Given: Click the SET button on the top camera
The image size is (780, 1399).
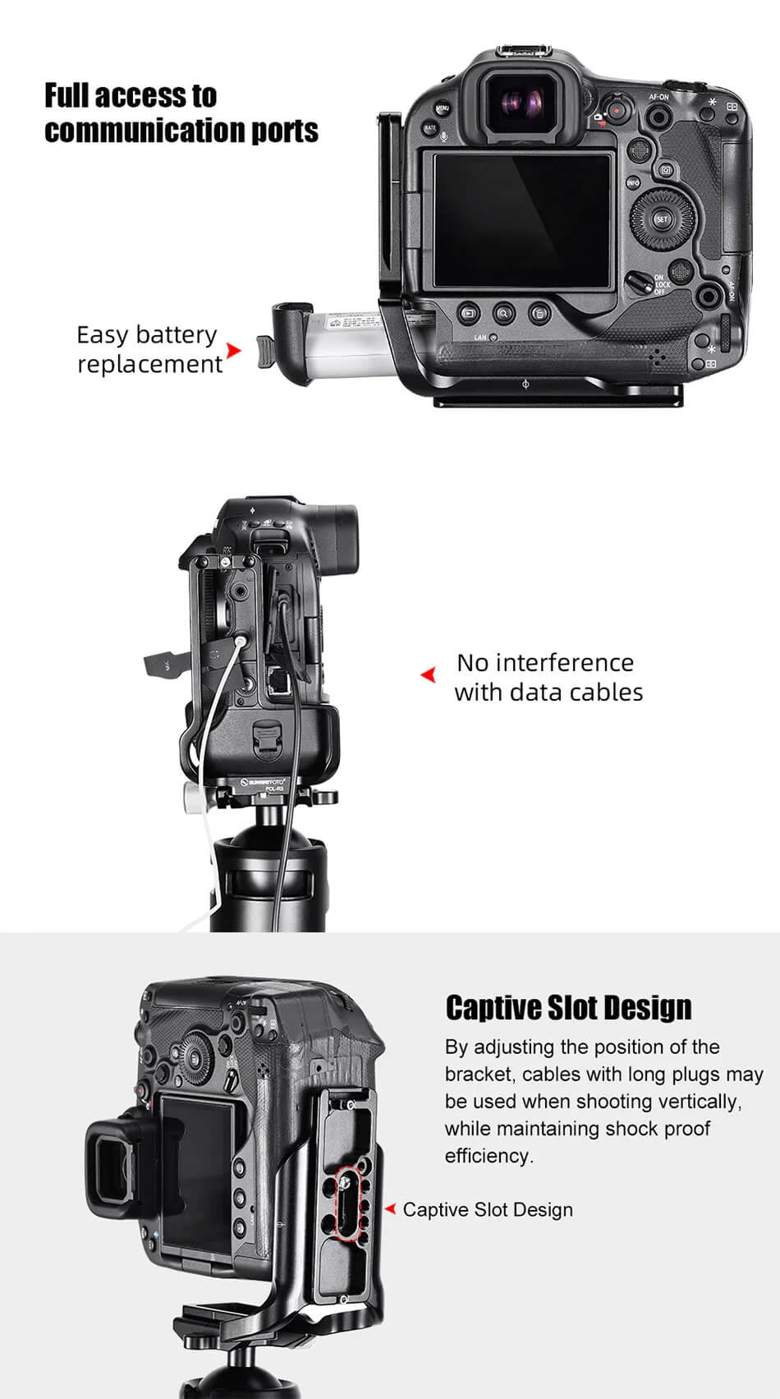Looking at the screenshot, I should [x=662, y=219].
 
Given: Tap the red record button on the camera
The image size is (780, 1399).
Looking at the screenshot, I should [x=617, y=110].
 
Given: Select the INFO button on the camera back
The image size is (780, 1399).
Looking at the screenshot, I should [x=633, y=182].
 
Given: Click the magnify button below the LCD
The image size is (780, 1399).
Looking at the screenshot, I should [x=503, y=312].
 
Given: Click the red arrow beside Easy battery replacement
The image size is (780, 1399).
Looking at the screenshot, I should [x=234, y=351].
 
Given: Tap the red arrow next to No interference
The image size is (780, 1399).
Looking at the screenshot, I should [x=428, y=675].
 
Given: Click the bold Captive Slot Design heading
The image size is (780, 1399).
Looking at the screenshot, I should [x=568, y=1007].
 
